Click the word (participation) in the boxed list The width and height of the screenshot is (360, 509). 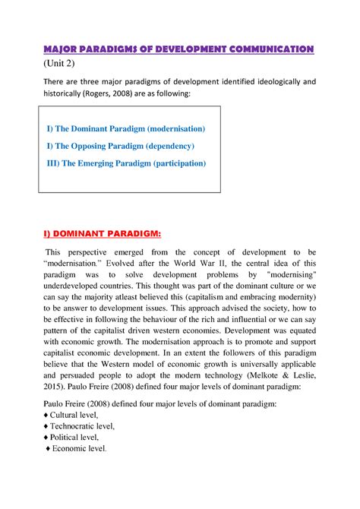(173, 163)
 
